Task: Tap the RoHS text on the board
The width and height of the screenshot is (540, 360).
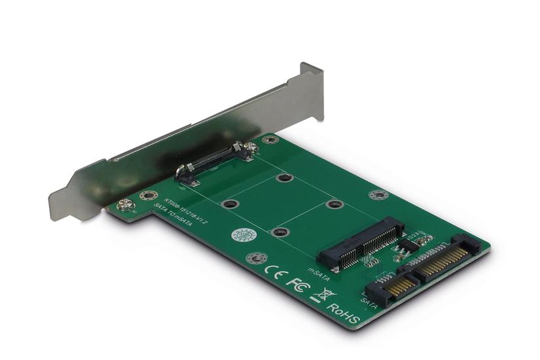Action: [343, 312]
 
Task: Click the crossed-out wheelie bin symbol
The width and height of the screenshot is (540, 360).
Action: [322, 294]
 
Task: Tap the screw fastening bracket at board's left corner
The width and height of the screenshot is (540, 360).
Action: [126, 205]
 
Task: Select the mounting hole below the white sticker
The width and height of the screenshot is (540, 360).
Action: [252, 257]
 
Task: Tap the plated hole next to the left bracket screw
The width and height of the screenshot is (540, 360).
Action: [149, 194]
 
